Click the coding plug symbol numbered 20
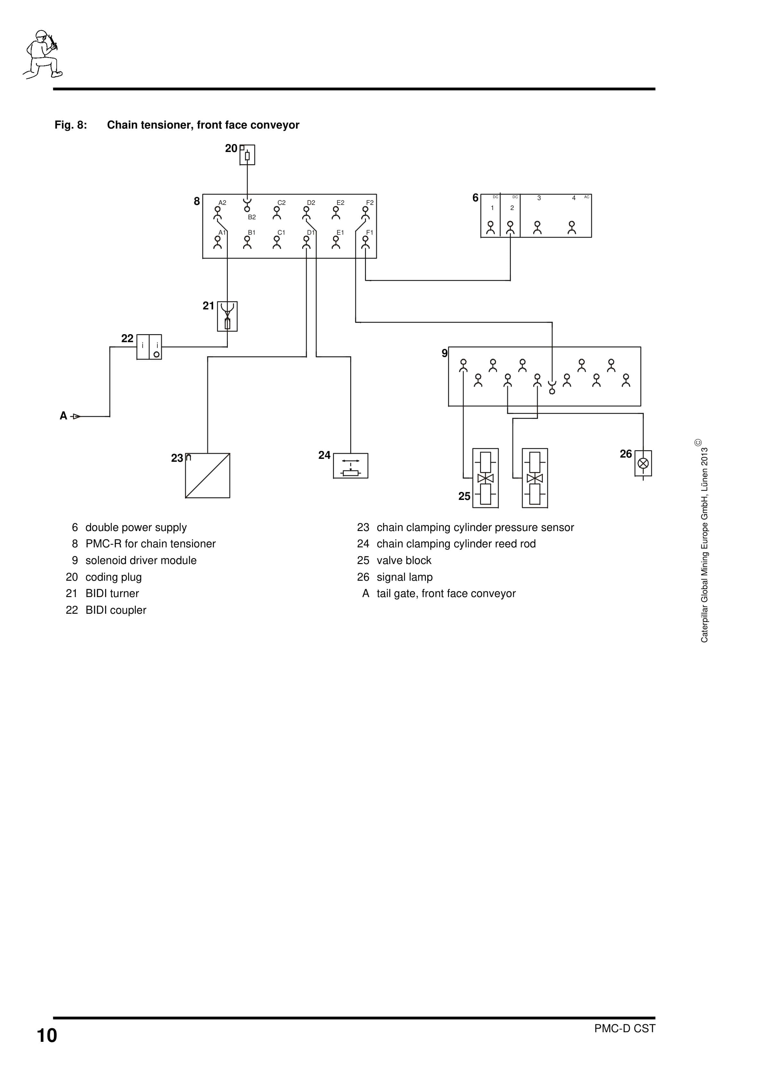click(247, 155)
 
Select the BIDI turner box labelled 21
click(227, 316)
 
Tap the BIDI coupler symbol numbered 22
click(149, 347)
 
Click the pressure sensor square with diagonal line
click(207, 476)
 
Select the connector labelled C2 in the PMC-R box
click(277, 213)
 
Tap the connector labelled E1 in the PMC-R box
click(336, 242)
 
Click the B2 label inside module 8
click(252, 217)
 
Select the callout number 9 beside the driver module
click(444, 353)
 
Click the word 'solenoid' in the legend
click(105, 560)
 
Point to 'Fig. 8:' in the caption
click(70, 125)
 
